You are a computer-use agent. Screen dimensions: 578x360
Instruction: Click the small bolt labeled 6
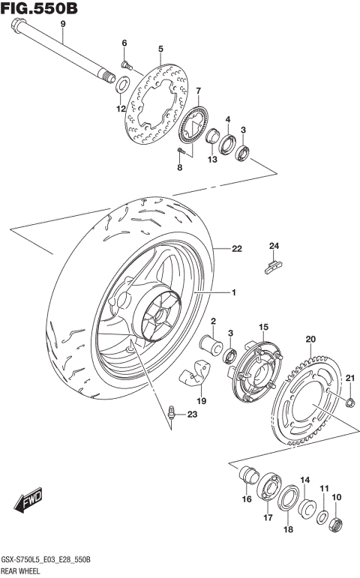tap(126, 66)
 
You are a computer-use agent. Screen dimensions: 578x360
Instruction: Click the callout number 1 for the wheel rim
tap(232, 292)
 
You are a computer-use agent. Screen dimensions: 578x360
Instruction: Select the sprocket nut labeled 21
tap(349, 405)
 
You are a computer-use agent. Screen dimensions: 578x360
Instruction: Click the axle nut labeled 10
tap(337, 522)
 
